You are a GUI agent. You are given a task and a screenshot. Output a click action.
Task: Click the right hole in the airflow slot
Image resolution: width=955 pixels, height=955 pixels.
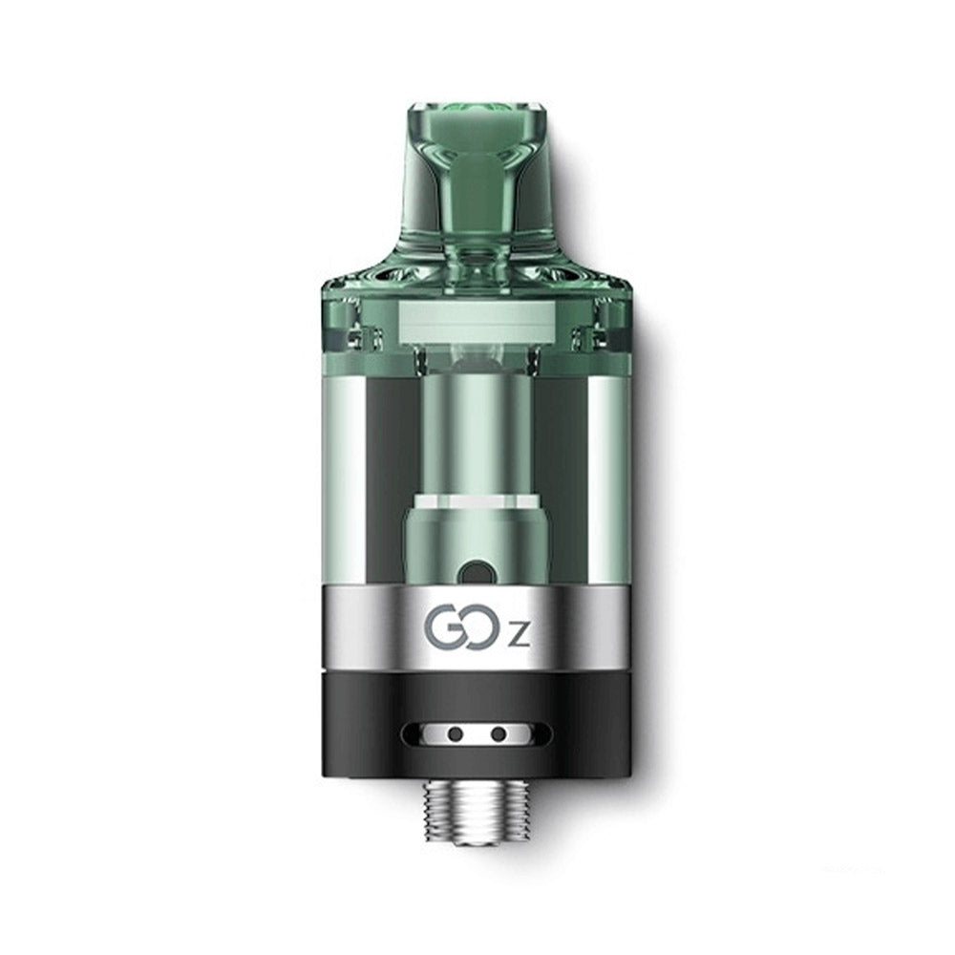498,734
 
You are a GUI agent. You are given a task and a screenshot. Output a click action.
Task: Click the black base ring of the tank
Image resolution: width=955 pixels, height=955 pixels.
477,707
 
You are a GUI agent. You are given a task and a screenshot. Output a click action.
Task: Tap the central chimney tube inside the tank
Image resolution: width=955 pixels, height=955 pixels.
477,430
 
